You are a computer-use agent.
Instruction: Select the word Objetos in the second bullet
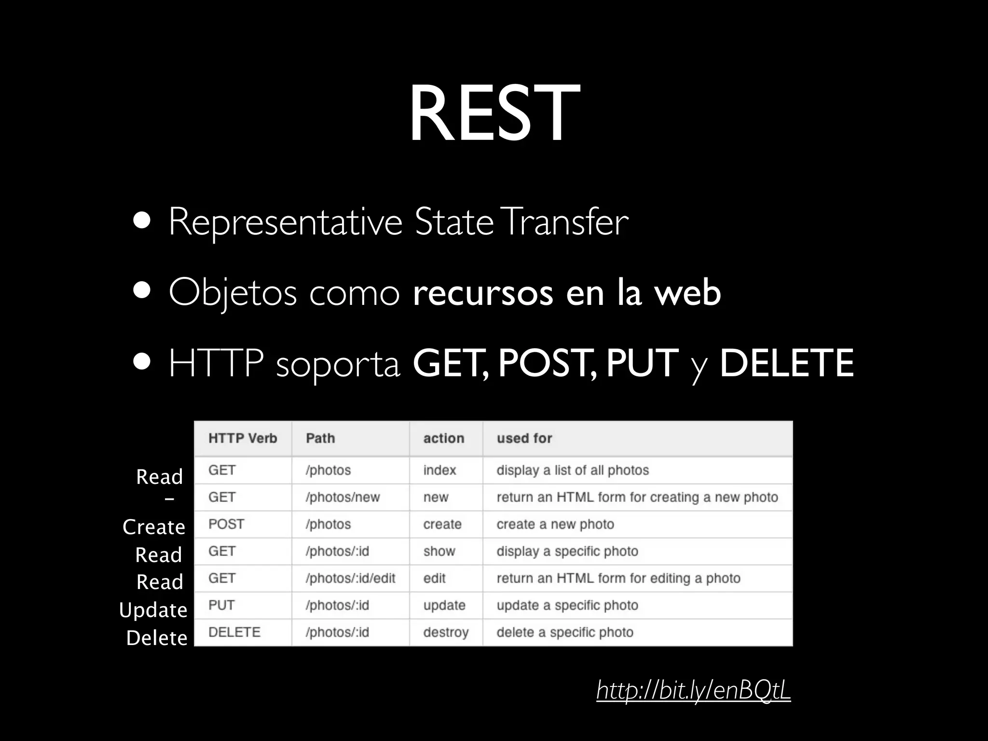click(232, 293)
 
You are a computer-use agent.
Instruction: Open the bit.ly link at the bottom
click(693, 690)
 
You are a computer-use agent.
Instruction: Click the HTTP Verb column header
click(243, 438)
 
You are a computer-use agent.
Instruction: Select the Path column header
click(320, 438)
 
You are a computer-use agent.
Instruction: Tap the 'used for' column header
click(524, 438)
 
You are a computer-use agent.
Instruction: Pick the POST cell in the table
click(226, 524)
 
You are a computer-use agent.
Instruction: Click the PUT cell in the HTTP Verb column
click(221, 605)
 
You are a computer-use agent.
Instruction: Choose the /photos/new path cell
click(343, 497)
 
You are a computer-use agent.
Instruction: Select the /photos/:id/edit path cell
click(350, 578)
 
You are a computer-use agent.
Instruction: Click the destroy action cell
click(446, 632)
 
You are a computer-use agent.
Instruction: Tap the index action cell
click(439, 470)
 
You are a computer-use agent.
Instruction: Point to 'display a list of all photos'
click(573, 470)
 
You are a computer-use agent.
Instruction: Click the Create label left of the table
click(154, 527)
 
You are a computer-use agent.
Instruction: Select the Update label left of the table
click(153, 610)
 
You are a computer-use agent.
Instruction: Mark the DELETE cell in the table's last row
click(234, 632)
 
